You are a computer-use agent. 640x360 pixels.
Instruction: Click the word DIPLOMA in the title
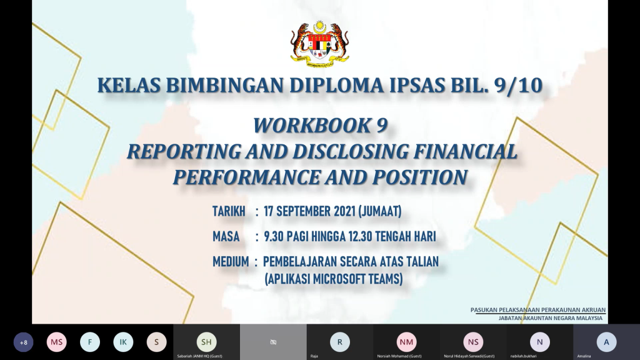pos(336,85)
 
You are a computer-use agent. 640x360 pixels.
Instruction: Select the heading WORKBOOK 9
pos(320,125)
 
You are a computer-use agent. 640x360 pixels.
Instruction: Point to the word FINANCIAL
pos(466,151)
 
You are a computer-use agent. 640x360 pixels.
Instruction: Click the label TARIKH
pos(229,211)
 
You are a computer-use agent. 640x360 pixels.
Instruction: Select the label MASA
pos(226,236)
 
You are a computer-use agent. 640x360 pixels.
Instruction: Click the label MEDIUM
pos(231,262)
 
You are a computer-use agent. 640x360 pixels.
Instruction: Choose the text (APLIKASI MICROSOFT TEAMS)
pos(334,279)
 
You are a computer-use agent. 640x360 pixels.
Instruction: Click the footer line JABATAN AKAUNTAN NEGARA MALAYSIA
pos(550,318)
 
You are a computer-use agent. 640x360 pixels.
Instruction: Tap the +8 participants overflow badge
pos(23,342)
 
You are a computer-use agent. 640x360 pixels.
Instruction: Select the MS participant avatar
pos(57,342)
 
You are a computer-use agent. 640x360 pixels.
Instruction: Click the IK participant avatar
pos(123,342)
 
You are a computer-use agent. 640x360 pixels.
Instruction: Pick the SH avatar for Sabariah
pos(206,342)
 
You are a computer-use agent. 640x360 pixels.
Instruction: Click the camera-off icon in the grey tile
pos(273,342)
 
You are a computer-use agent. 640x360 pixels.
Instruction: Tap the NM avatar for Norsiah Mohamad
pos(406,342)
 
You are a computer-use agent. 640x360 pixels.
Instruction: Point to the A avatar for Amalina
pos(606,342)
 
